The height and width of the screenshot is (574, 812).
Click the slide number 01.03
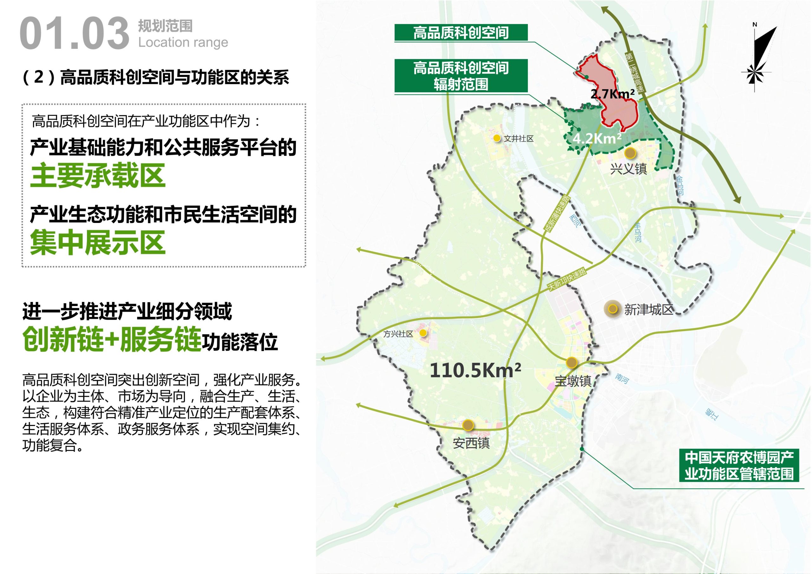tap(74, 34)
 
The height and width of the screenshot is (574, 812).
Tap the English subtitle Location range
tap(183, 43)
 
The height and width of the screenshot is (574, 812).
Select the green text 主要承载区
tap(98, 176)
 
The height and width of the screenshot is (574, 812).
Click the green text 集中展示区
tap(98, 243)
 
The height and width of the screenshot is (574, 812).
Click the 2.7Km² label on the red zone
tap(612, 94)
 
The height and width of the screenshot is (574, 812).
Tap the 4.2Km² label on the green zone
tap(597, 138)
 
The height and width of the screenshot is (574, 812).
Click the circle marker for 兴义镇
tap(630, 153)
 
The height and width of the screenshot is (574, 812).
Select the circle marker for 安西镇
tap(468, 425)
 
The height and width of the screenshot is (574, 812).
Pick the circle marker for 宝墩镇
tap(572, 362)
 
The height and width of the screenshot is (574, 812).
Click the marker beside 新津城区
tap(612, 309)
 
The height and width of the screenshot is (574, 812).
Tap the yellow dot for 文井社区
tap(497, 138)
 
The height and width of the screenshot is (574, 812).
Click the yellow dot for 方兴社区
tap(423, 333)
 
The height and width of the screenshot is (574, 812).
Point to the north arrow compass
tap(757, 56)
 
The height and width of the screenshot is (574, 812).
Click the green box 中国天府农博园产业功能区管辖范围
tap(739, 466)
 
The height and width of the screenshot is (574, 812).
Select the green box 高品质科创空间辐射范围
tap(461, 76)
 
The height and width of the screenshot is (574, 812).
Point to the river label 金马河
tap(680, 186)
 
